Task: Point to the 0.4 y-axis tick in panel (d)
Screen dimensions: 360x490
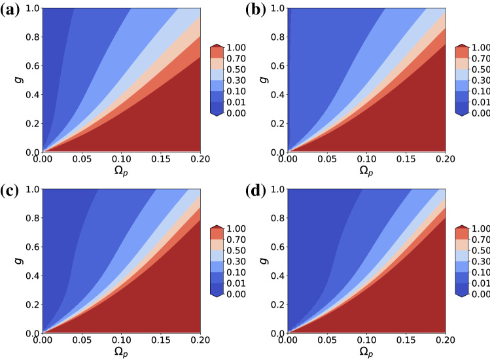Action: click(x=277, y=275)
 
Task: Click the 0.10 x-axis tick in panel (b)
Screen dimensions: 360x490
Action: click(x=366, y=159)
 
